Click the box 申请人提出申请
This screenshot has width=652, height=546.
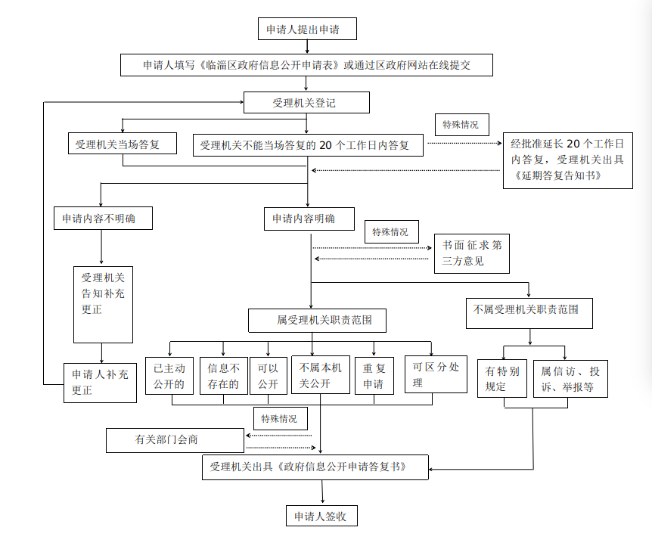[306, 29]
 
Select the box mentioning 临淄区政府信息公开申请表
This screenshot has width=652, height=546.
[306, 65]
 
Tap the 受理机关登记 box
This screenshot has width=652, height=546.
[306, 102]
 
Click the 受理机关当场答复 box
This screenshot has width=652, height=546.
[122, 144]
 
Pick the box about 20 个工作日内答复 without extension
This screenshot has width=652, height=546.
[307, 144]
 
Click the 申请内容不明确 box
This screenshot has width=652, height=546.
[102, 219]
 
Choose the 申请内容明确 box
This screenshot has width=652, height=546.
[309, 219]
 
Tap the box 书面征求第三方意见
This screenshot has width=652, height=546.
[471, 253]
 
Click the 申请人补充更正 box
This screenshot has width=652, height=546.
[101, 381]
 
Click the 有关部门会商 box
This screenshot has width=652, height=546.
[175, 439]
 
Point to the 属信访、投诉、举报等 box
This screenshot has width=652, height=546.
[570, 378]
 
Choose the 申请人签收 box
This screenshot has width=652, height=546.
[321, 517]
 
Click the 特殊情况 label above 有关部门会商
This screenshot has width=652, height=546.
[280, 418]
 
